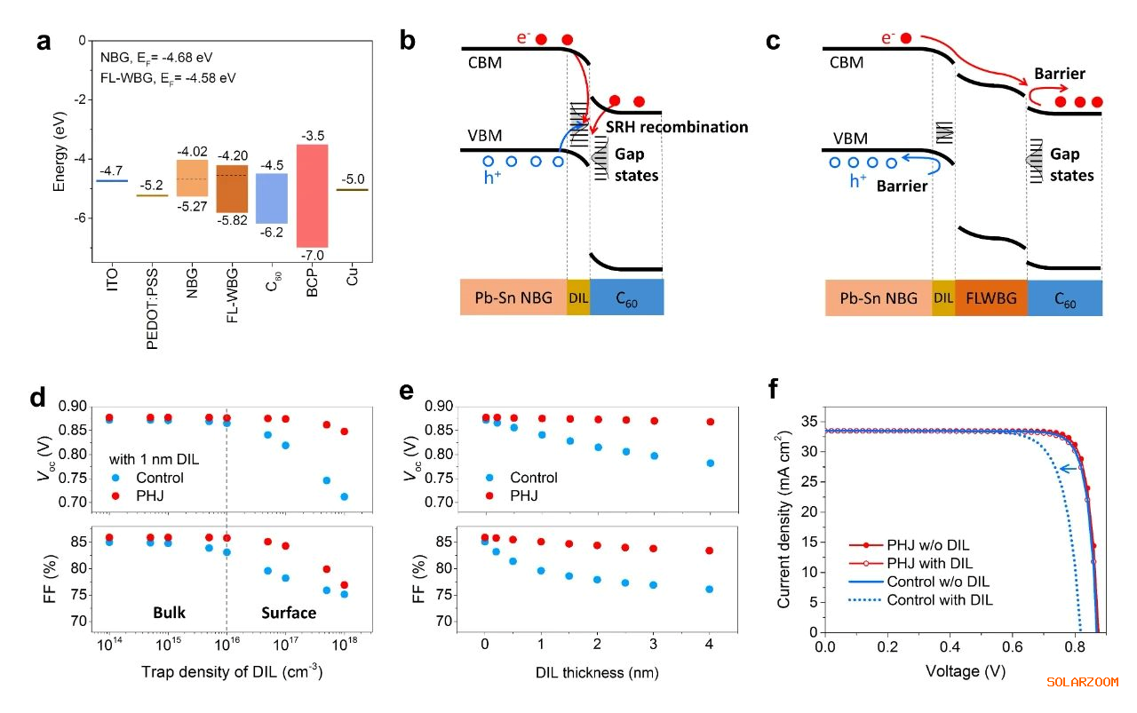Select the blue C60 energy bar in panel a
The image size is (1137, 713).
[271, 198]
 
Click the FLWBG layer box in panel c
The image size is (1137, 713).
[990, 297]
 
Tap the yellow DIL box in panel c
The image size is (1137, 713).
[943, 297]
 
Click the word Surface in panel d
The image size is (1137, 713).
[289, 613]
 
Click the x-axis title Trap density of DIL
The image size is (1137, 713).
[231, 672]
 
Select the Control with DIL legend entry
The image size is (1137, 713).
[942, 600]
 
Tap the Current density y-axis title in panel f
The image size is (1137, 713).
[785, 520]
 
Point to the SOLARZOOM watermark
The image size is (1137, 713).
[1082, 682]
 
